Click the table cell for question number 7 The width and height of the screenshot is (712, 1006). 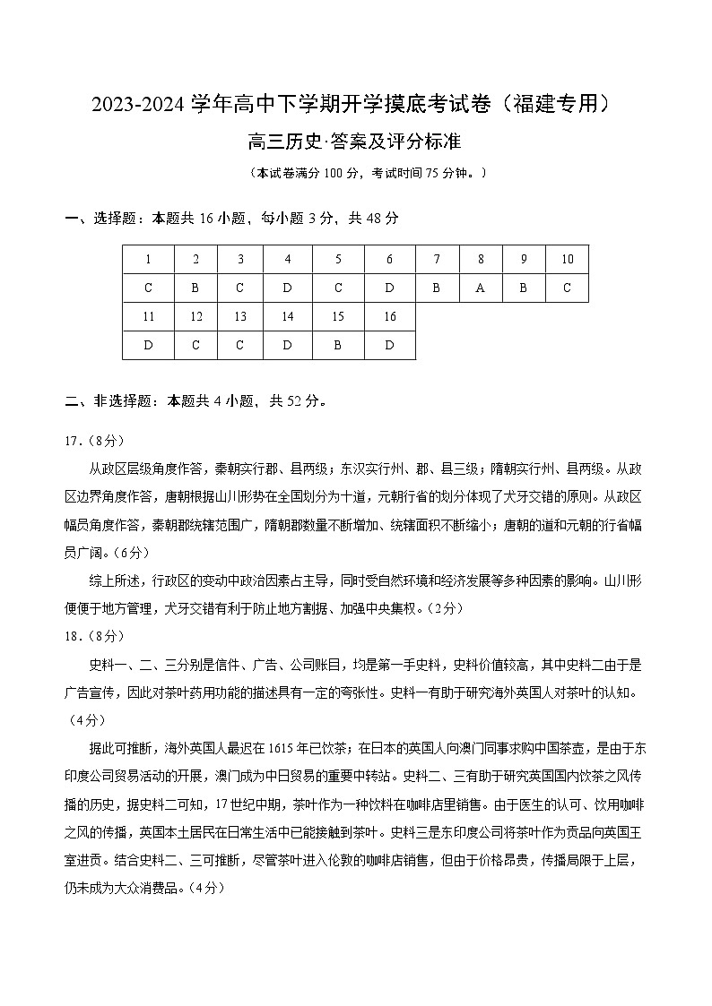437,259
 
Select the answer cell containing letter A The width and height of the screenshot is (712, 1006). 481,288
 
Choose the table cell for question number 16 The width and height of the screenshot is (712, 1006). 389,316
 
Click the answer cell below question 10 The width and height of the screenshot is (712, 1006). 567,288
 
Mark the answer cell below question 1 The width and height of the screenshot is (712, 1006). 148,288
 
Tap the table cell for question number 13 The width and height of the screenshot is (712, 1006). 240,316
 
